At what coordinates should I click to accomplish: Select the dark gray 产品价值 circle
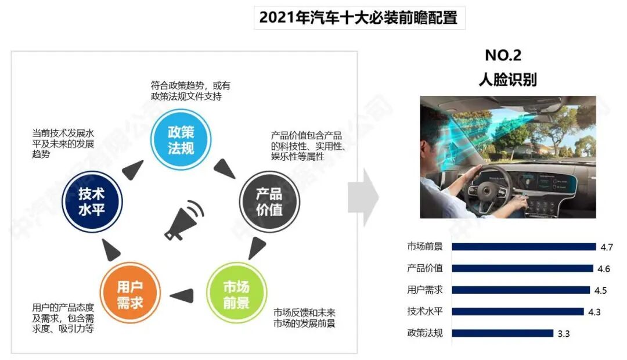pyautogui.click(x=269, y=201)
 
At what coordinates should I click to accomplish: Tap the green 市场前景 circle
pyautogui.click(x=236, y=294)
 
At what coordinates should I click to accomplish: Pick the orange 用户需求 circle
pyautogui.click(x=129, y=294)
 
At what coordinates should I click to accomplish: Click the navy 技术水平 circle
pyautogui.click(x=92, y=201)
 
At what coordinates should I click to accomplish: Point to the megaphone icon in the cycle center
pyautogui.click(x=184, y=220)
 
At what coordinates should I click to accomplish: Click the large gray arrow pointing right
pyautogui.click(x=363, y=197)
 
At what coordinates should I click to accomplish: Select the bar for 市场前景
pyautogui.click(x=524, y=246)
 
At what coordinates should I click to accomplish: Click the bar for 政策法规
pyautogui.click(x=502, y=333)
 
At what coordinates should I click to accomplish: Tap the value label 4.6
pyautogui.click(x=603, y=268)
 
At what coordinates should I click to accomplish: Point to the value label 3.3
pyautogui.click(x=564, y=334)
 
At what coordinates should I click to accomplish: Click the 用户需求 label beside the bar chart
pyautogui.click(x=425, y=290)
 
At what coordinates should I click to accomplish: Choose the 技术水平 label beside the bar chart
pyautogui.click(x=425, y=312)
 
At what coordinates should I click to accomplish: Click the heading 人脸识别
pyautogui.click(x=507, y=80)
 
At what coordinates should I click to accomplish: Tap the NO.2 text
pyautogui.click(x=503, y=56)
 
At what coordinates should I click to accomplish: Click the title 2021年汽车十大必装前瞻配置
pyautogui.click(x=359, y=17)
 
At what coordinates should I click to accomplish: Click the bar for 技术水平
pyautogui.click(x=517, y=312)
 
